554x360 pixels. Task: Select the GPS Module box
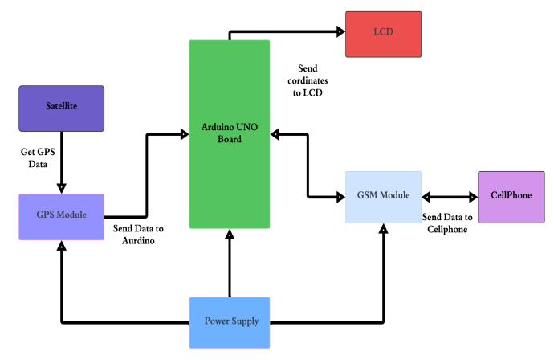coord(63,216)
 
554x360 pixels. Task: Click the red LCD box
coord(383,34)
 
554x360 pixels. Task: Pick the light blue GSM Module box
coord(384,196)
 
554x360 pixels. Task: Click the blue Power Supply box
coord(230,322)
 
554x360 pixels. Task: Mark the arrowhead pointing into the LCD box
coord(340,31)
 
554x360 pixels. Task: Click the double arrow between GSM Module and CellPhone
coord(450,196)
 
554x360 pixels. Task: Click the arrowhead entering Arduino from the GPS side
coord(184,134)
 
